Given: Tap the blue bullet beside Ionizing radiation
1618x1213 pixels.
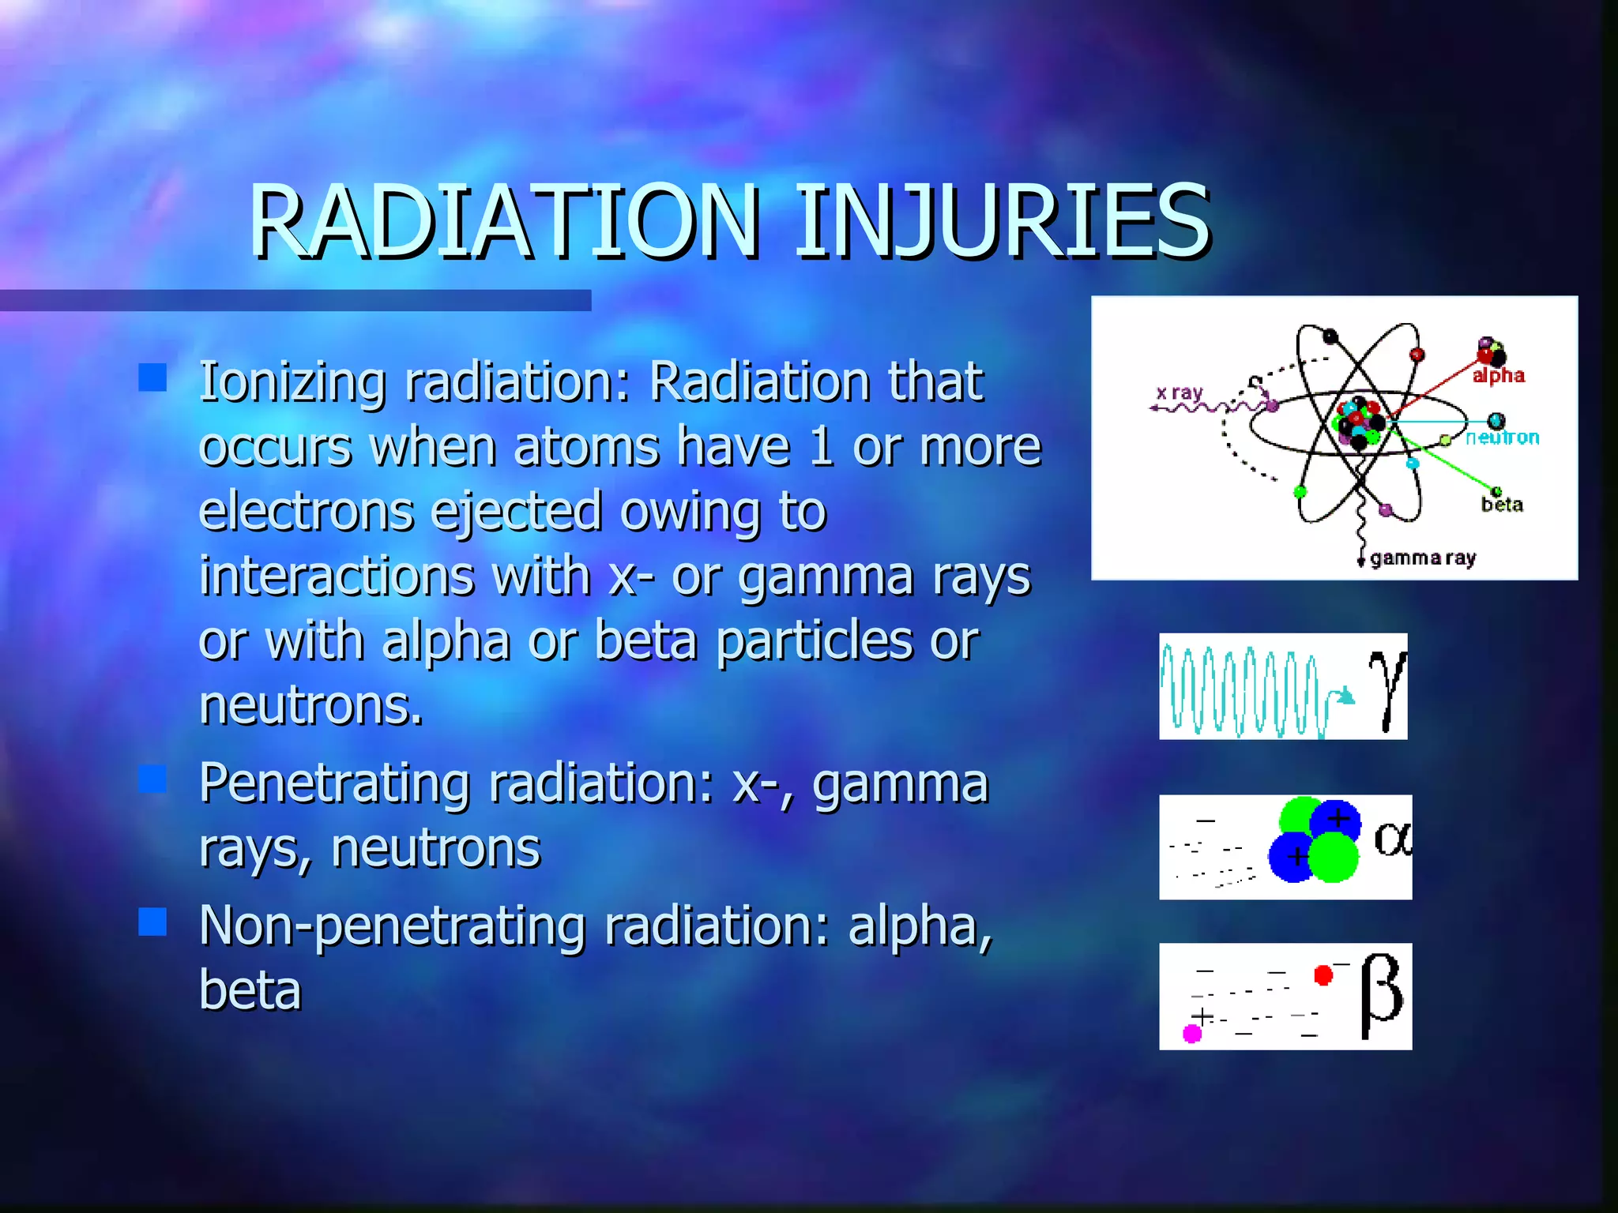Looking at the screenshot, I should tap(152, 377).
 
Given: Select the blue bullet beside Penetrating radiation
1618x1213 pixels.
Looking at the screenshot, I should tap(152, 779).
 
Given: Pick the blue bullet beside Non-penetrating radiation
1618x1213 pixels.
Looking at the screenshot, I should tap(152, 922).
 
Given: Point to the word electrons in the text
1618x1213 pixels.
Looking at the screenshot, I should tap(307, 511).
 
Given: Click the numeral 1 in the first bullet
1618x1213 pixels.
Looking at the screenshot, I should tap(822, 447).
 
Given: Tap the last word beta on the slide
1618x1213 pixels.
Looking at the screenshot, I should tap(250, 990).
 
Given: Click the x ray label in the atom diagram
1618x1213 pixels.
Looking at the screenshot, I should tap(1179, 392).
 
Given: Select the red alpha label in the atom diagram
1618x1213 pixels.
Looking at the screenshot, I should tap(1498, 376).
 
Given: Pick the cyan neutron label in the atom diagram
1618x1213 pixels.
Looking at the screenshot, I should tap(1502, 438).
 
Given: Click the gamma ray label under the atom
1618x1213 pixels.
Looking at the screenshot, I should tap(1423, 558).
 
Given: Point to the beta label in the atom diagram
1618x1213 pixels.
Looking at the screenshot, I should tap(1502, 505).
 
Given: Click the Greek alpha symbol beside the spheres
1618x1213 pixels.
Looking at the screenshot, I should tap(1392, 839).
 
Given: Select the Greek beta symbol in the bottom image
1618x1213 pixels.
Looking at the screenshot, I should tap(1382, 995).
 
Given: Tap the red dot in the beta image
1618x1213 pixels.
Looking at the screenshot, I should tap(1323, 975).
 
